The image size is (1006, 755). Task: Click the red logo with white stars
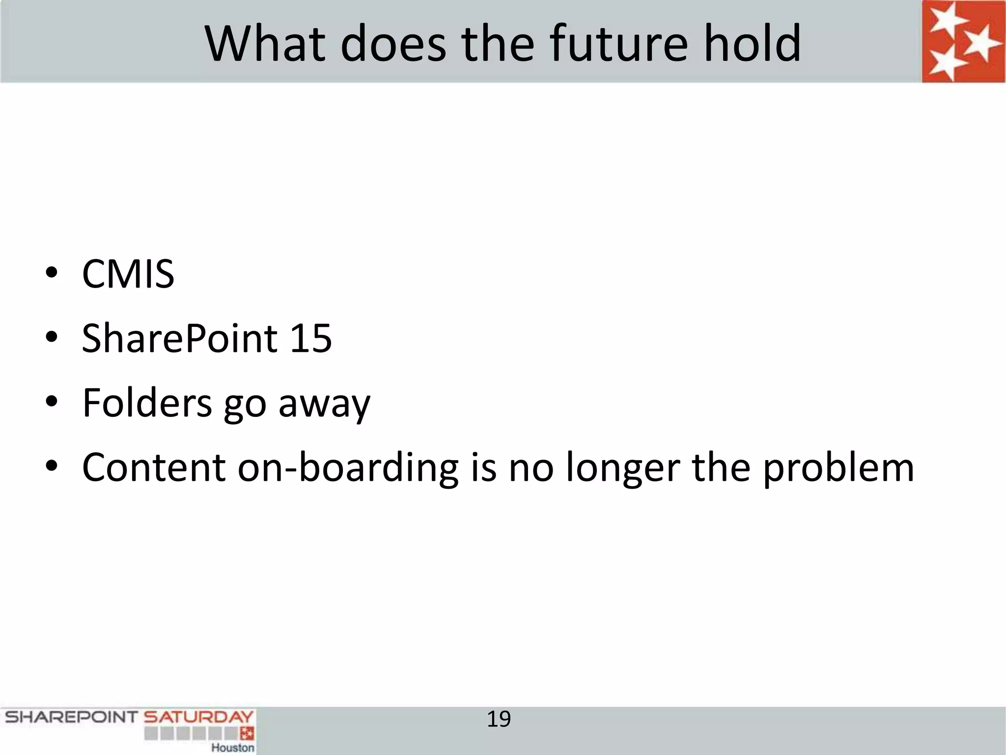click(963, 41)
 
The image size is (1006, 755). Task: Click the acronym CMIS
click(128, 274)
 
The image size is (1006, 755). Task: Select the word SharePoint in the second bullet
click(180, 339)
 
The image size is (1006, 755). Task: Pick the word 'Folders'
click(147, 403)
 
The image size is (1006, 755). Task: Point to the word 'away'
click(324, 405)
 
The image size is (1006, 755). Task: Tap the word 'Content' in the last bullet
click(154, 467)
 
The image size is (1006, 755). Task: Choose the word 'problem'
click(838, 468)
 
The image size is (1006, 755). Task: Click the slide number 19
click(499, 719)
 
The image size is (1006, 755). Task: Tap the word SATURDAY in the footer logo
click(198, 717)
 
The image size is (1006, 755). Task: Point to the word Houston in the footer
click(233, 748)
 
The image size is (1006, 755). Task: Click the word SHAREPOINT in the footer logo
click(71, 717)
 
